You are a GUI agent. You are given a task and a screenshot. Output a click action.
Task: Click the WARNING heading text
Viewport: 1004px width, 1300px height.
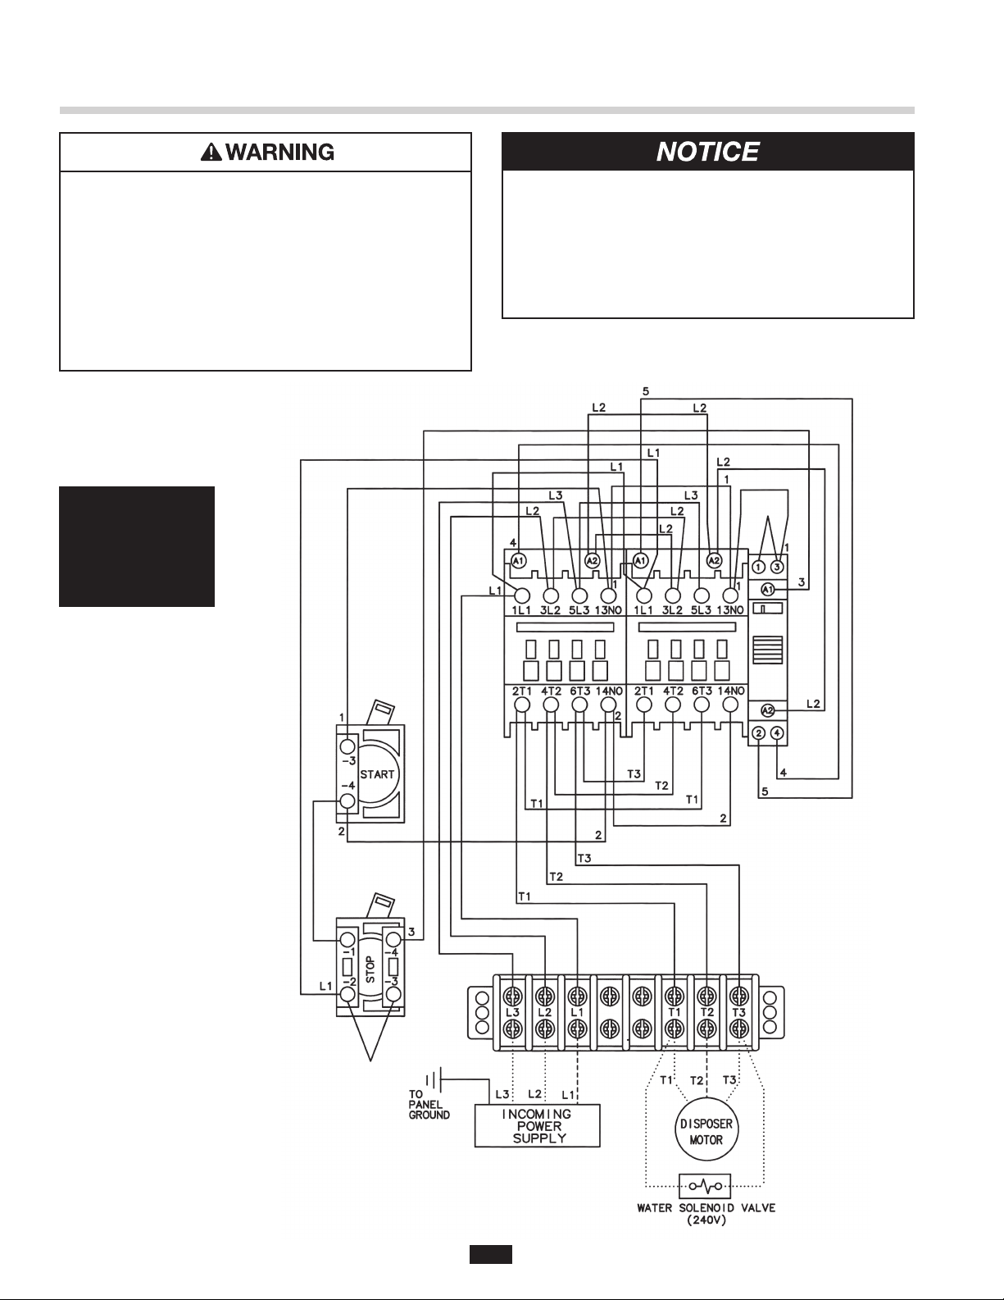[279, 152]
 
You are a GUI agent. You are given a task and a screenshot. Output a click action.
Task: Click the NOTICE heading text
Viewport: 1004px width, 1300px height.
[707, 152]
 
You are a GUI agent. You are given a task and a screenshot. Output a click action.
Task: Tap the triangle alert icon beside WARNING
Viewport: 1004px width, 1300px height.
[211, 153]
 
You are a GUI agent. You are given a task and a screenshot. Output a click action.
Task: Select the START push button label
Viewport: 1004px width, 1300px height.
[377, 774]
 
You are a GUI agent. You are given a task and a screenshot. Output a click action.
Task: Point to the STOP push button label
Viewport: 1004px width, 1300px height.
[370, 969]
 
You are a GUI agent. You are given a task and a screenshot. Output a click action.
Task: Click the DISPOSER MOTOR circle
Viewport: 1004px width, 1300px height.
[706, 1129]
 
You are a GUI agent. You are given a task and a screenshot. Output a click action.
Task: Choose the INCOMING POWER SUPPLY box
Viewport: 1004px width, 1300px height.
[538, 1126]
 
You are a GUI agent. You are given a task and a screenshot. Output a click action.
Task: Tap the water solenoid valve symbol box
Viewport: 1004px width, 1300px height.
[705, 1186]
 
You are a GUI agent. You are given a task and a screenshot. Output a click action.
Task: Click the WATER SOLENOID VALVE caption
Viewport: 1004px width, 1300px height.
[706, 1208]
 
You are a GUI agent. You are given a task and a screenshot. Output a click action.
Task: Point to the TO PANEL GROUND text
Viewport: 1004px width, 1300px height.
[429, 1104]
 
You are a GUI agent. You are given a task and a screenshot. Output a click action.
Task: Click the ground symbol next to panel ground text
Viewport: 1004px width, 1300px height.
[434, 1080]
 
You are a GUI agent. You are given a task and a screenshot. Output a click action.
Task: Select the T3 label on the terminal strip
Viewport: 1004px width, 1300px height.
[739, 1012]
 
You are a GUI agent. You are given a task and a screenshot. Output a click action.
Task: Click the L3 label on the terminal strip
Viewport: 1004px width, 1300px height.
[513, 1012]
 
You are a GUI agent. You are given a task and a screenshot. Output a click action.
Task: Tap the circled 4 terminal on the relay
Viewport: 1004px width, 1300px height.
[777, 733]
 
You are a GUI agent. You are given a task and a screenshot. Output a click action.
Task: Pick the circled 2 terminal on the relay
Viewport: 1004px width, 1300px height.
[758, 733]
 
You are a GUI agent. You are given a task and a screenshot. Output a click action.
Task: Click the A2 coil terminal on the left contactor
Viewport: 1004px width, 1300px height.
[593, 560]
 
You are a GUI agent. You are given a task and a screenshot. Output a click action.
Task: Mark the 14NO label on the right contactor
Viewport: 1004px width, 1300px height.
[729, 691]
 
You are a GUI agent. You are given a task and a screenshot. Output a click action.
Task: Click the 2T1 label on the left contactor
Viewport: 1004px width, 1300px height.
[522, 691]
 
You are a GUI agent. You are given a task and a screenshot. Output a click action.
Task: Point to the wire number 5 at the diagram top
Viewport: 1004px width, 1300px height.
[646, 391]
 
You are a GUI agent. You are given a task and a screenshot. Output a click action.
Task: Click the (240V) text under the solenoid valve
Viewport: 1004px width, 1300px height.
[706, 1220]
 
